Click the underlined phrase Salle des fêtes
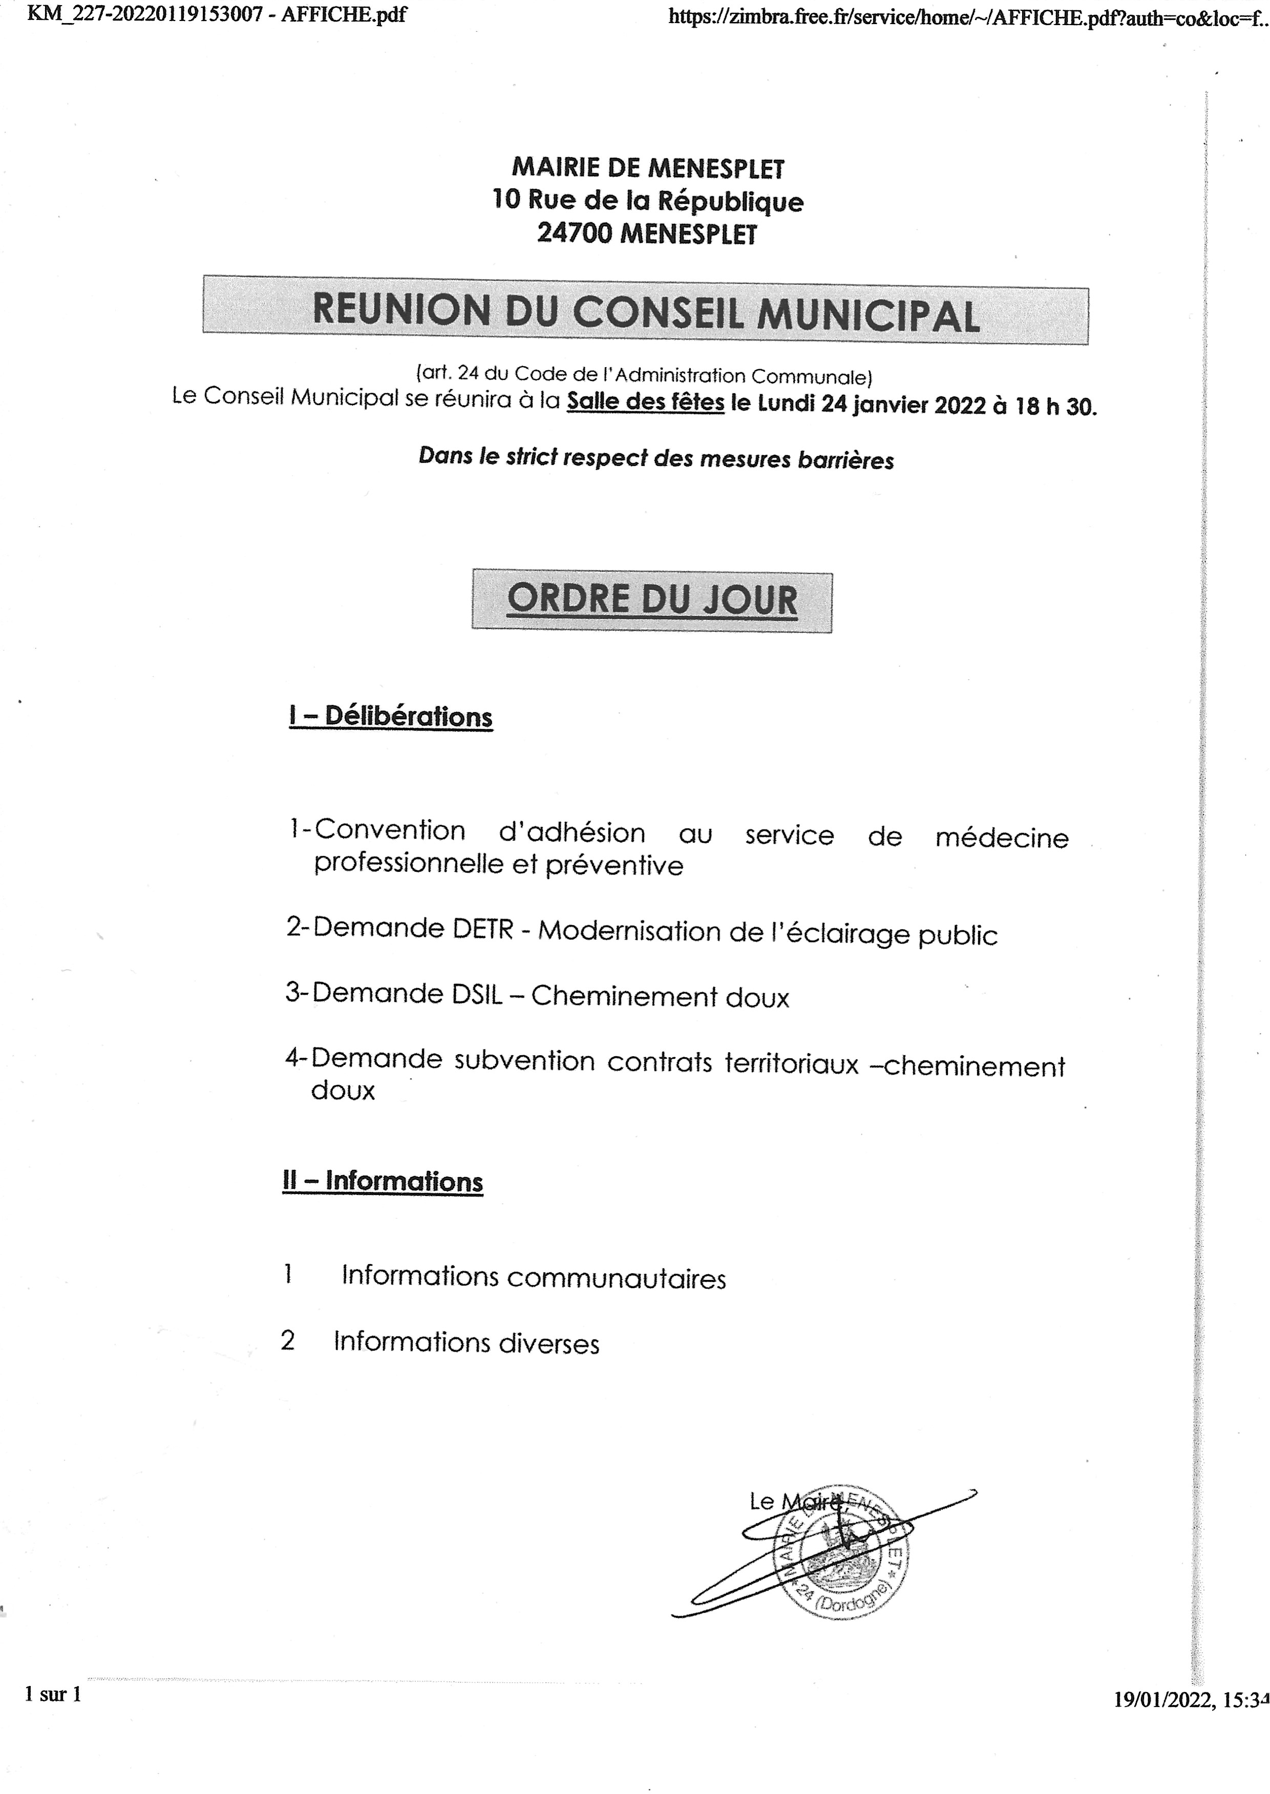[645, 402]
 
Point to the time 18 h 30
[1056, 407]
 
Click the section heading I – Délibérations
[391, 716]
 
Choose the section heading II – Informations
[383, 1181]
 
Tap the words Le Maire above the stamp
[794, 1500]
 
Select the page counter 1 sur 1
[53, 1695]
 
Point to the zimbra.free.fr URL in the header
[966, 17]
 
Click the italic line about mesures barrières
[656, 457]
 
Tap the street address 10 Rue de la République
[647, 200]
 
